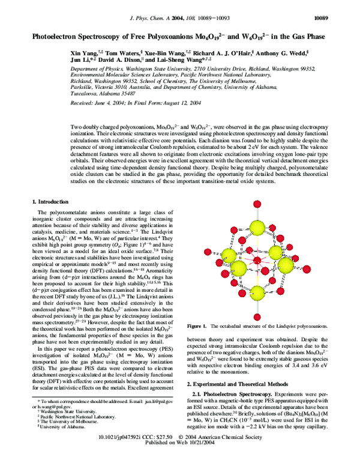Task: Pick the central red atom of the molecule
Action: coord(257,260)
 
